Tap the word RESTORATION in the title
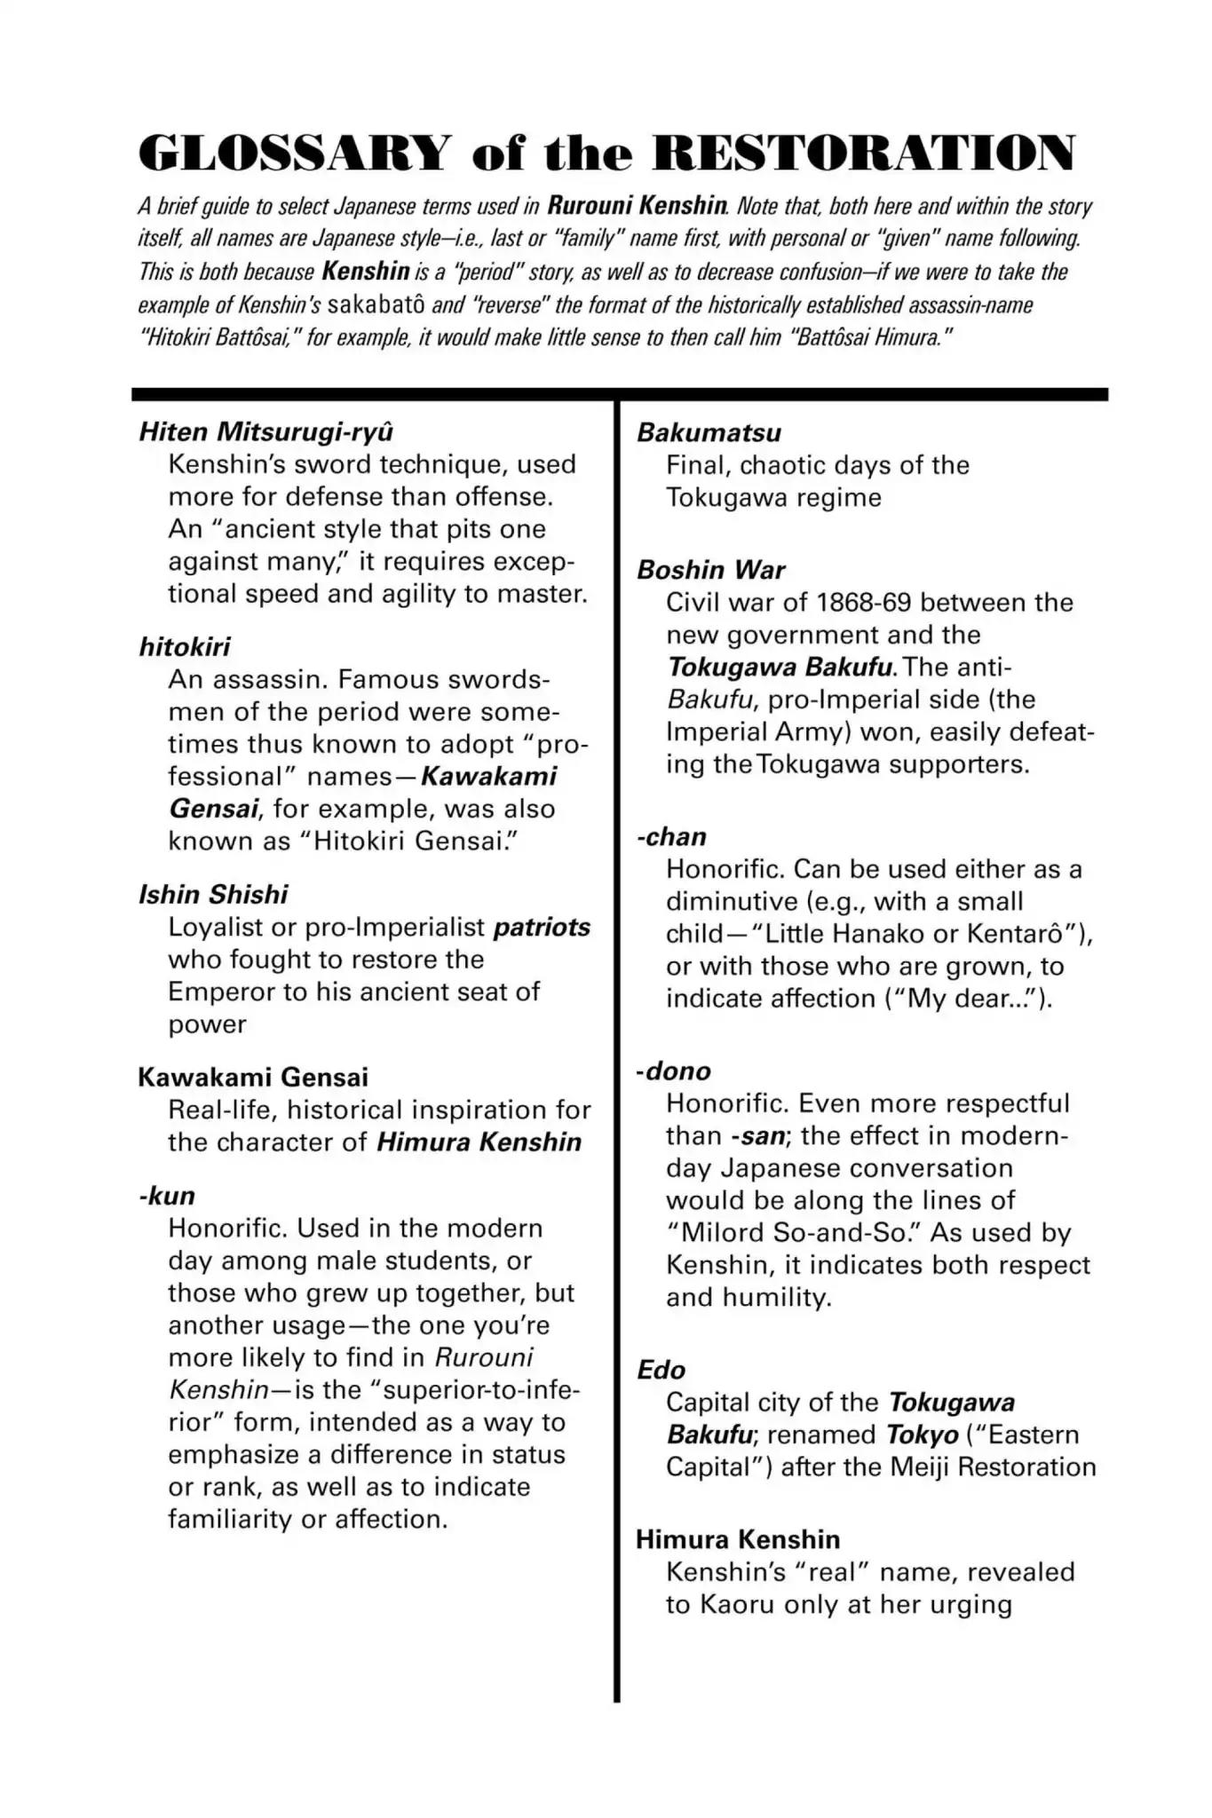tap(862, 153)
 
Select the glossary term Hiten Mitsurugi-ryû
tap(265, 431)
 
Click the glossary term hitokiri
tap(185, 646)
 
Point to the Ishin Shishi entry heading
tap(213, 894)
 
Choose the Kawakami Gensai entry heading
tap(253, 1077)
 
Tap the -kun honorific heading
tap(167, 1195)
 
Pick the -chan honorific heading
tap(672, 836)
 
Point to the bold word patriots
tap(542, 927)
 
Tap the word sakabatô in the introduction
tap(376, 305)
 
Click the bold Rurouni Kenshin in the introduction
tap(638, 206)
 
